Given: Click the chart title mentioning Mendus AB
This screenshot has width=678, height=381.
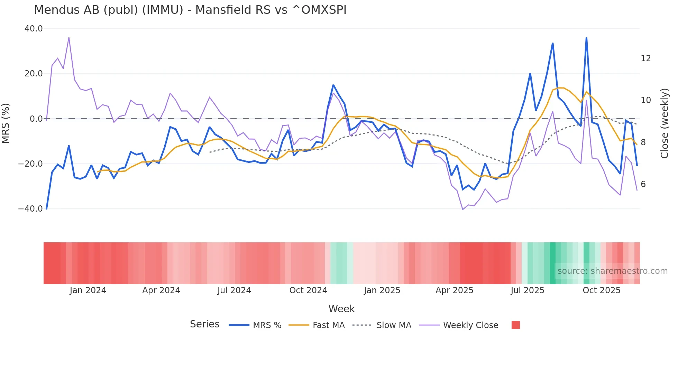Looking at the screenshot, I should click(190, 10).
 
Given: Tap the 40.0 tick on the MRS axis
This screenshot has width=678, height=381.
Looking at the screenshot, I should click(34, 29).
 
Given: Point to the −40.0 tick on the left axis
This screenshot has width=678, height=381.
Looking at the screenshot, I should click(30, 209).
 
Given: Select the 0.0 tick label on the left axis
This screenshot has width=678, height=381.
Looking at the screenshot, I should click(36, 119).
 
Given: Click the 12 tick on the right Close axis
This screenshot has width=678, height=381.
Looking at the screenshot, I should click(645, 58).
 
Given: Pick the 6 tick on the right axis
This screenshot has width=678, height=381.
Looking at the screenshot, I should click(643, 184).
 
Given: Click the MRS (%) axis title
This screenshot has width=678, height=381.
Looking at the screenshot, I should click(6, 123).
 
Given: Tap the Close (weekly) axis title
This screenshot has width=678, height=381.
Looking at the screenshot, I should click(664, 123).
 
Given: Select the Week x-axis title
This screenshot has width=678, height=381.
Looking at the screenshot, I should click(341, 309).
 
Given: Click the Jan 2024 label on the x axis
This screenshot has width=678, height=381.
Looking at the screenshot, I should click(88, 290).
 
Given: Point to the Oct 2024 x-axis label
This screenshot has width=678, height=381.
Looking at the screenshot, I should click(308, 290).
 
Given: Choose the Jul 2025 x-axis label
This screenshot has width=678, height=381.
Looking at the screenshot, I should click(527, 290).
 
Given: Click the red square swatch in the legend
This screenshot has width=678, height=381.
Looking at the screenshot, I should click(515, 325).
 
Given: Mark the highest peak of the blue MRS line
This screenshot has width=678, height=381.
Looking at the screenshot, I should click(586, 38).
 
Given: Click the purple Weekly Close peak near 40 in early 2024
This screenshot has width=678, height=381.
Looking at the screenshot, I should click(69, 38).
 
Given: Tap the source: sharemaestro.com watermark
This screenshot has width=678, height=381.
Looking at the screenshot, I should click(612, 271).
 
